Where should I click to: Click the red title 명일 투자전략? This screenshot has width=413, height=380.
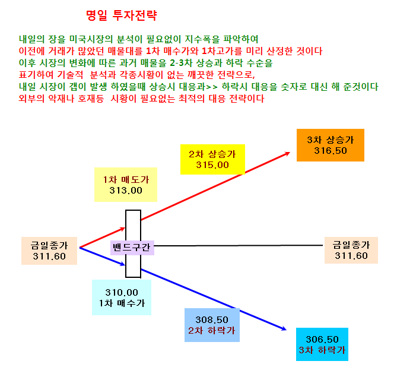tap(122, 15)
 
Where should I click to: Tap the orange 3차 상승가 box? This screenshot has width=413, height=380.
tap(331, 145)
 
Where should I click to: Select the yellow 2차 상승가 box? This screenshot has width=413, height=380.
tap(212, 159)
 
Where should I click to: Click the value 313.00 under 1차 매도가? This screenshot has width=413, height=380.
tap(126, 190)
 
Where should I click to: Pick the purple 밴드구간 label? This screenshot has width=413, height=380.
tap(132, 248)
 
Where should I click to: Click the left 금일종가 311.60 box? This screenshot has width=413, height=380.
tap(49, 251)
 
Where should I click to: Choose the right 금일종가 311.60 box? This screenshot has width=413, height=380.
tap(351, 250)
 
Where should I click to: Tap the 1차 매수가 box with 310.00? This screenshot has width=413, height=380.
tap(122, 297)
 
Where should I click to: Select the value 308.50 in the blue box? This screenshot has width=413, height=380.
tap(212, 319)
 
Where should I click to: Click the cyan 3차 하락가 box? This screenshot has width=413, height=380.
tap(322, 344)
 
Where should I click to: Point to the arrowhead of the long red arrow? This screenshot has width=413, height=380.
tap(289, 153)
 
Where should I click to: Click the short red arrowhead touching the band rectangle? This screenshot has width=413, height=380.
tap(124, 228)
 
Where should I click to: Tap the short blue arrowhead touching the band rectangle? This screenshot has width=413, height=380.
tap(124, 264)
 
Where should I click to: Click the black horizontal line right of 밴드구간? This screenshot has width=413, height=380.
tap(239, 246)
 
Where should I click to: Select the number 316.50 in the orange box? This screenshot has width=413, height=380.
tap(331, 151)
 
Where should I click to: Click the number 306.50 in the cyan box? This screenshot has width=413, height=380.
tap(322, 339)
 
